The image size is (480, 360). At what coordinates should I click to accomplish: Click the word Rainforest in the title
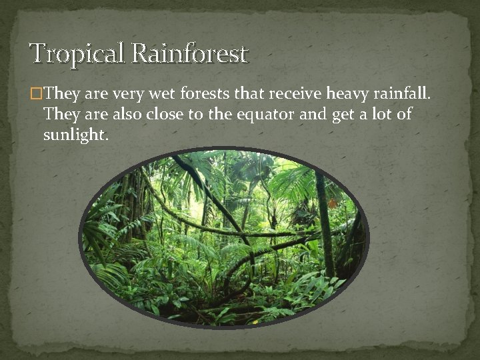[x=190, y=53]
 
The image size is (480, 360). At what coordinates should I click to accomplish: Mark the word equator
[x=262, y=115]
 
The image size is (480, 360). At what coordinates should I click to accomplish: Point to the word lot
[x=381, y=115]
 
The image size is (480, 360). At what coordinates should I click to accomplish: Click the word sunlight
[x=74, y=135]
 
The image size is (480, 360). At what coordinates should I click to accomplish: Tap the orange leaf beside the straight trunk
[x=332, y=203]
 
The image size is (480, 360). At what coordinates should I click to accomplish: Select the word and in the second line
[x=309, y=115]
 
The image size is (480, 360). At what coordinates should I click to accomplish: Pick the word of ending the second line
[x=405, y=115]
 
